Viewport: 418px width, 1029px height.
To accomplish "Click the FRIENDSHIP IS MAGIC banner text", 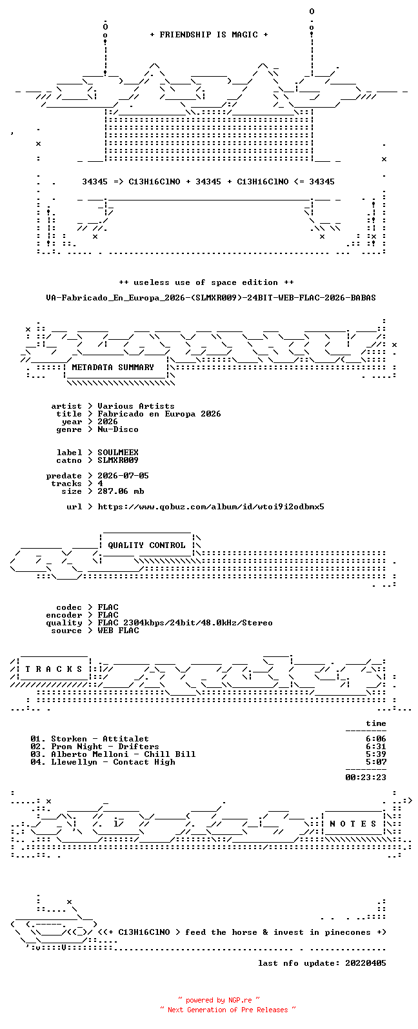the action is [x=209, y=34].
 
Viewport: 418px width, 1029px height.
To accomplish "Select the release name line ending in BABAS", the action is [x=210, y=298].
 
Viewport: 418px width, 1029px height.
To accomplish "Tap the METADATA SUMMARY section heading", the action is [x=113, y=367].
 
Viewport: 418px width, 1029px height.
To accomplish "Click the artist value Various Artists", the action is [x=136, y=406].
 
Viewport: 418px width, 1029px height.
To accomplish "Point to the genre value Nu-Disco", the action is [x=117, y=429].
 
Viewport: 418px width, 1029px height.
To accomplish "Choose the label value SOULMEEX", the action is [x=117, y=453].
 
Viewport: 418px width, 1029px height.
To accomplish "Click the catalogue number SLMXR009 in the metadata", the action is [x=117, y=460].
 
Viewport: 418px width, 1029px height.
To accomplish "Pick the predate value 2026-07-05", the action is [x=123, y=476].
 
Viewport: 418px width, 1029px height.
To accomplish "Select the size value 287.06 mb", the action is [x=121, y=491].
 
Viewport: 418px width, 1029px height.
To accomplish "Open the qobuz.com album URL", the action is [x=210, y=507].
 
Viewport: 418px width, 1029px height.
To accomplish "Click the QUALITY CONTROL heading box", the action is [x=146, y=545].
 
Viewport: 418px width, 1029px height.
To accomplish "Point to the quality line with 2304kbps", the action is [x=185, y=623].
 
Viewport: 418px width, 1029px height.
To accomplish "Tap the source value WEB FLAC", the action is [x=117, y=631].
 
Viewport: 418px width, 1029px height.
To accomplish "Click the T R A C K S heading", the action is [x=54, y=669].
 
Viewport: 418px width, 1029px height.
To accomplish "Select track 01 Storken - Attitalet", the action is [x=90, y=739].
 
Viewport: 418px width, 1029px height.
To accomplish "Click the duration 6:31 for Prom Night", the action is [x=375, y=747].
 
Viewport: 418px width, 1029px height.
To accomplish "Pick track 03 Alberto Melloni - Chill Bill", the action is [x=113, y=754].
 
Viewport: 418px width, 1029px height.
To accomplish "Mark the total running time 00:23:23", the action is [x=366, y=778].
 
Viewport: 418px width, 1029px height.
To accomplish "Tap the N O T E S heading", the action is [x=353, y=824].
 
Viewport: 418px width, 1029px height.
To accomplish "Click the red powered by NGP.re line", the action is [x=219, y=1000].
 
